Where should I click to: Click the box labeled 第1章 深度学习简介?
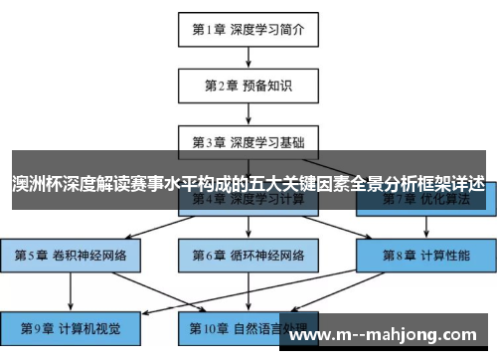point(248,31)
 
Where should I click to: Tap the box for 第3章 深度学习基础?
point(248,141)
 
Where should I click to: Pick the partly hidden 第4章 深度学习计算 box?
point(248,201)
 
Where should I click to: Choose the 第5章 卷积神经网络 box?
point(71,255)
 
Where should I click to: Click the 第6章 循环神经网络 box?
point(248,255)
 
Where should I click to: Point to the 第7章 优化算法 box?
point(425,201)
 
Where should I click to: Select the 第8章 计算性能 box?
point(425,255)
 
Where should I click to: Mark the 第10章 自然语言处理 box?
point(248,326)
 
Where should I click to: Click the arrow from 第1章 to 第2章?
point(248,59)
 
